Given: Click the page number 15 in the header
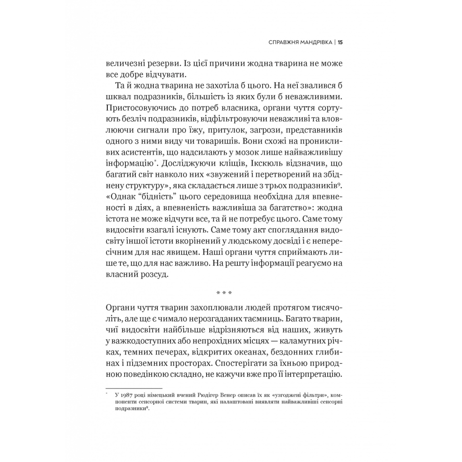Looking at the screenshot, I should coord(341,43).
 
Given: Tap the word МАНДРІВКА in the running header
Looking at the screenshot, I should coord(310,43).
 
